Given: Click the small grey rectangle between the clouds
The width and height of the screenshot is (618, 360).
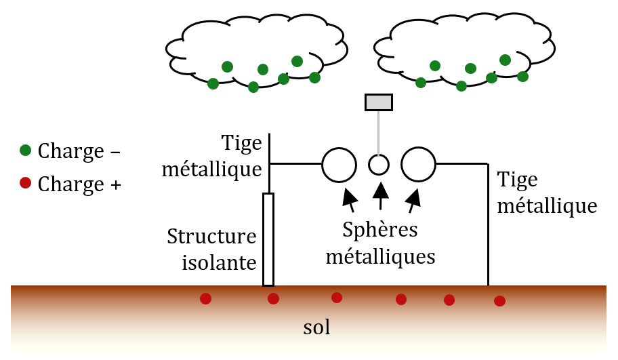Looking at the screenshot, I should coord(379,102).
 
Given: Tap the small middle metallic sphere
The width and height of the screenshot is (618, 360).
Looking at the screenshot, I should coord(379,164).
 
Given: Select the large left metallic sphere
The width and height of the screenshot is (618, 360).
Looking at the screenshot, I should coord(339,164).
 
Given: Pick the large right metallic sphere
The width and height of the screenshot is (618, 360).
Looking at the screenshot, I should coord(418,164).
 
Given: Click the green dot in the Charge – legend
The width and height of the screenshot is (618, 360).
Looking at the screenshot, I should coord(25,150).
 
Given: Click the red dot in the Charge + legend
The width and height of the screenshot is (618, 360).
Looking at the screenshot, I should coord(25,183).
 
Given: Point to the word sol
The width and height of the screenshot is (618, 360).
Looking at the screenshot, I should coord(316,329).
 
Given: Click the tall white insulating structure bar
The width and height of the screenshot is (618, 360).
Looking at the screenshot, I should coord(268,239).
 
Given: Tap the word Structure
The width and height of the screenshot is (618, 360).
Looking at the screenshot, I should coord(212,237).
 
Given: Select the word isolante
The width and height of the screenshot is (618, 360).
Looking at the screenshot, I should coord(220,262).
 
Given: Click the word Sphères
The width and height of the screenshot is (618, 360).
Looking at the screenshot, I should coord(379,231).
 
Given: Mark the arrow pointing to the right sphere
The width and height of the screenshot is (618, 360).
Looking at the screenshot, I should coord(413,197).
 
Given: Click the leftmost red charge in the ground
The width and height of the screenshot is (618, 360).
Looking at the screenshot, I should coord(205,298).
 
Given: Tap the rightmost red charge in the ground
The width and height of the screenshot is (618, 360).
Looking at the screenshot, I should coord(499,301).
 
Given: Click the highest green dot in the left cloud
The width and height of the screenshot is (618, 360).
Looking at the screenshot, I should coord(297,61).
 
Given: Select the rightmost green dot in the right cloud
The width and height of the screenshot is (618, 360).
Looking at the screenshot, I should coord(522,76).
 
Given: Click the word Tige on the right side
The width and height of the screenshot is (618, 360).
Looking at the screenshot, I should coord(518,180).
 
